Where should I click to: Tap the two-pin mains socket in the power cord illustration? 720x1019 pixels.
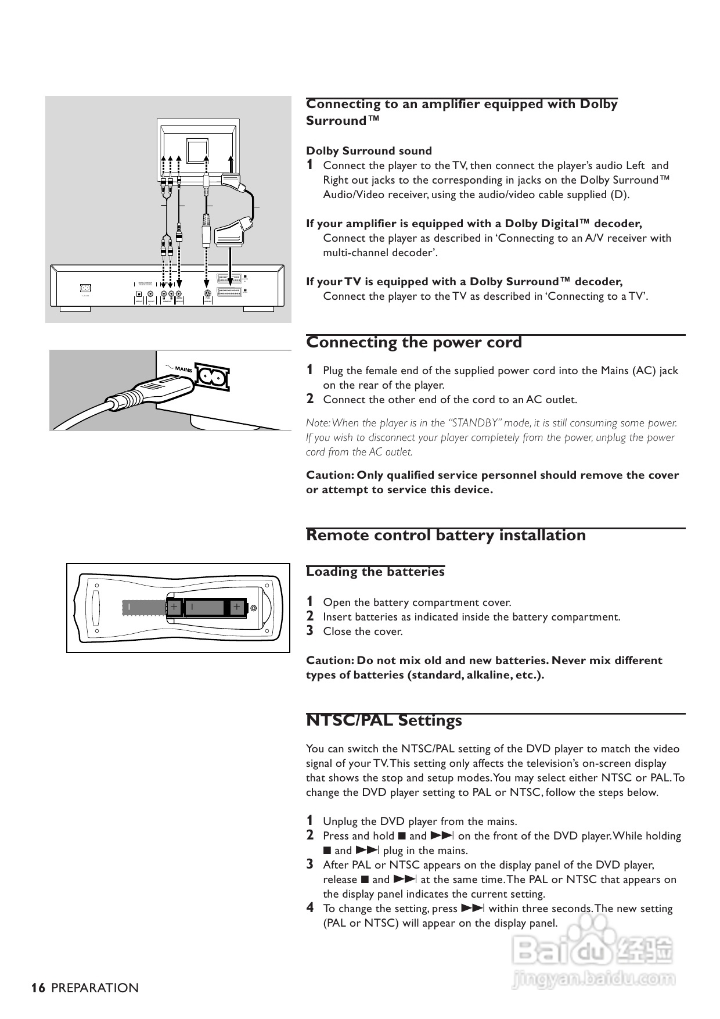click(x=213, y=377)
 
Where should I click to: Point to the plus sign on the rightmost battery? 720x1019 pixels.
click(x=236, y=607)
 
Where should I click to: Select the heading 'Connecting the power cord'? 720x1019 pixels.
click(x=414, y=342)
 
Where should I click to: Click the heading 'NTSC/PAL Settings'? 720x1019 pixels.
click(x=384, y=720)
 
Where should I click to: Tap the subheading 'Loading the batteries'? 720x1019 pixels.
click(x=375, y=572)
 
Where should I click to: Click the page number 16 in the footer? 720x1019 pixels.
click(x=38, y=988)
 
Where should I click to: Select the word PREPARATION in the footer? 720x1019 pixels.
click(x=95, y=988)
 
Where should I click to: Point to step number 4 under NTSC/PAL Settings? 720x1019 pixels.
click(x=310, y=908)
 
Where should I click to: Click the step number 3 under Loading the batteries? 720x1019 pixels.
click(x=310, y=631)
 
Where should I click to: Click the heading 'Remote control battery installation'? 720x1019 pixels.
click(x=446, y=535)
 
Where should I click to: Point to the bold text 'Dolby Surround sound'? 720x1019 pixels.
click(x=369, y=151)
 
